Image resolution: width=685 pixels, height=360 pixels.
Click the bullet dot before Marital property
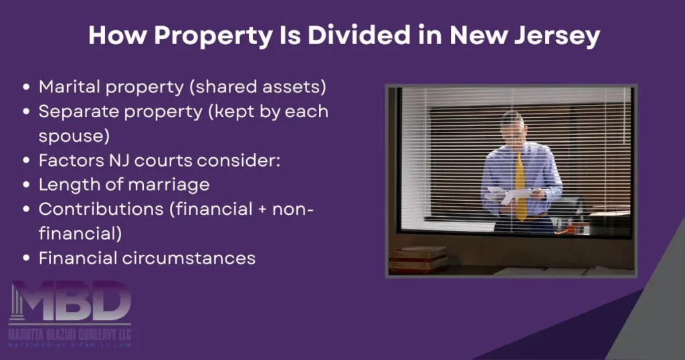(x=26, y=87)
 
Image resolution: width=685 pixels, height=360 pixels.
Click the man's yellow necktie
(x=520, y=181)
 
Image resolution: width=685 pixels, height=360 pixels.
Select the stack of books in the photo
(x=418, y=260)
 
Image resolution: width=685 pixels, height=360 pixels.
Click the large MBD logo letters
(x=70, y=303)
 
